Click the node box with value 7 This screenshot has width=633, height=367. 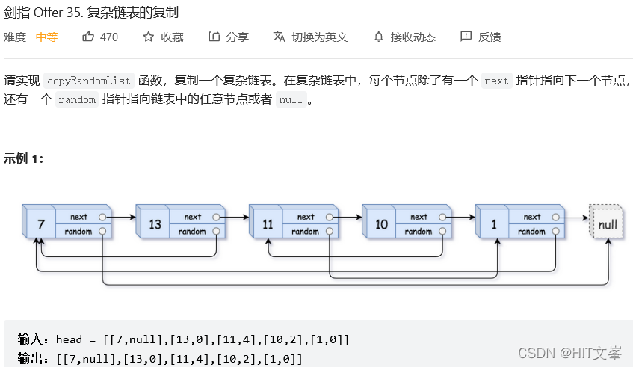coord(40,224)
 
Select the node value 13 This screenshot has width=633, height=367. coord(155,224)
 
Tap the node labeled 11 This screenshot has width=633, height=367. coord(268,224)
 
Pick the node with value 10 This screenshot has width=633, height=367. coord(381,224)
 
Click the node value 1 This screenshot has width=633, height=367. coord(494,224)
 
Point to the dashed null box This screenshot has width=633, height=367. coord(607,224)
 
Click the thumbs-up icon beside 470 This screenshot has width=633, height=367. coord(89,37)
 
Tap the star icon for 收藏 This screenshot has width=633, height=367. coord(149,37)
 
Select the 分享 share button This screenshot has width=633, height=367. coord(229,37)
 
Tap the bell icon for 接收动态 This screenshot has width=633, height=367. coord(379,37)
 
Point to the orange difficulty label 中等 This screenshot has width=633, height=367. coord(46,37)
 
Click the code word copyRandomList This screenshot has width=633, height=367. coord(88,81)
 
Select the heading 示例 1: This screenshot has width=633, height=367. coord(23,158)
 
